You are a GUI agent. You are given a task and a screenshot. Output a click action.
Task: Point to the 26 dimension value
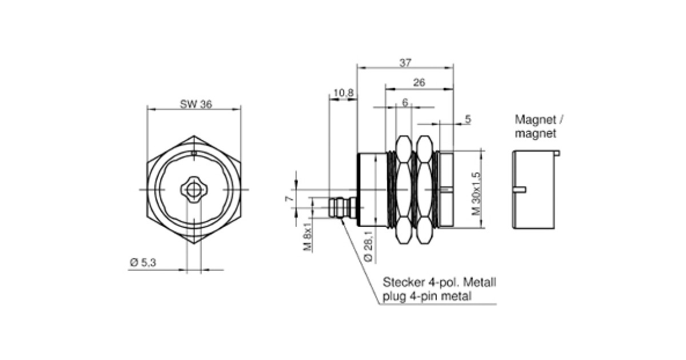click(x=419, y=83)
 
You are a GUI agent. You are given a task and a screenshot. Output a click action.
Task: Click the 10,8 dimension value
click(x=342, y=93)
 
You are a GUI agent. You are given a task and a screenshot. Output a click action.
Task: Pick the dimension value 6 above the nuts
click(x=405, y=103)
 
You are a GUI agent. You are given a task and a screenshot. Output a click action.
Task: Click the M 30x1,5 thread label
click(x=474, y=194)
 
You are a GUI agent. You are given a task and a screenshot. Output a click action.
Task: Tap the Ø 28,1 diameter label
click(x=369, y=244)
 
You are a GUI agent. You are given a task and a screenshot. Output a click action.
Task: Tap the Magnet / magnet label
click(x=539, y=127)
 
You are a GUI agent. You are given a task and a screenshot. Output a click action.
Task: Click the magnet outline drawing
click(x=535, y=189)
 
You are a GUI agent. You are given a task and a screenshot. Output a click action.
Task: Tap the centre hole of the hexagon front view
click(x=194, y=189)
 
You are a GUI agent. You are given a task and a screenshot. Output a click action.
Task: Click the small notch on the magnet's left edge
click(x=520, y=189)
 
